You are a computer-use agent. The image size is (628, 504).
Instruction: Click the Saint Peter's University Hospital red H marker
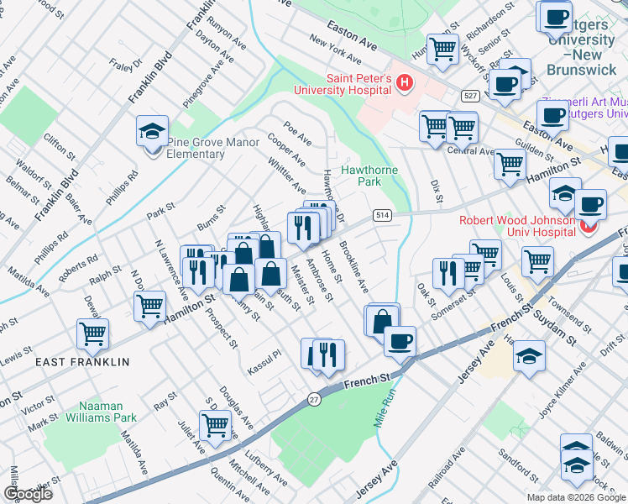point(406,82)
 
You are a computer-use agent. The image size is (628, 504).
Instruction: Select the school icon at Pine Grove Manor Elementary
point(152,132)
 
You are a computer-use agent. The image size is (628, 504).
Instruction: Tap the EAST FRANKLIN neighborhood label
point(82,362)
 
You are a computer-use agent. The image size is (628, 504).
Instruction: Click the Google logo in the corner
point(29,494)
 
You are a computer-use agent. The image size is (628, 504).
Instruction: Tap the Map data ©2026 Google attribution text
point(576,496)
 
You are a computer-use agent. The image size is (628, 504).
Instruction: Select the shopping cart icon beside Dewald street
point(92,332)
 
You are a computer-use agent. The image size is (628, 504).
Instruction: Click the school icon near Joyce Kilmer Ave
point(529,356)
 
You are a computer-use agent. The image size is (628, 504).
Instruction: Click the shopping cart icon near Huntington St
point(442,48)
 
